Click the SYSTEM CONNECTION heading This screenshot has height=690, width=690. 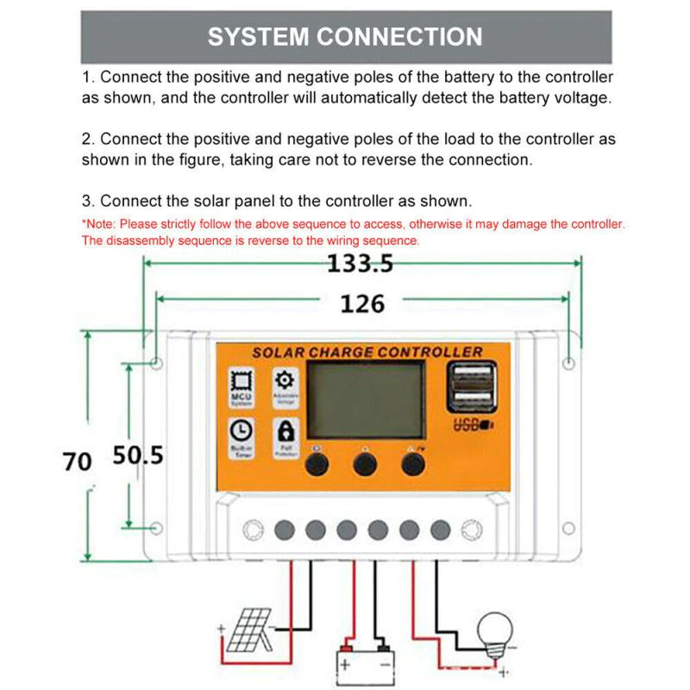[345, 37]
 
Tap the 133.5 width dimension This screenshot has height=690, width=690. [360, 264]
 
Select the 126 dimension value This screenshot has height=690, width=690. [362, 304]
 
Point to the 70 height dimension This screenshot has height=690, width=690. [77, 461]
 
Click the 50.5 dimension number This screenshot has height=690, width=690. [138, 455]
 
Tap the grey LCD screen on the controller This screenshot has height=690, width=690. [367, 400]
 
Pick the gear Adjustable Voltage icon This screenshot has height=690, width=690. [285, 385]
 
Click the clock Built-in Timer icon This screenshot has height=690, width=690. [241, 435]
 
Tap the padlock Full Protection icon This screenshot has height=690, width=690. [285, 435]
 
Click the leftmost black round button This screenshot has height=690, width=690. [317, 464]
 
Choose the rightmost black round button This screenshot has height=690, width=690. [413, 464]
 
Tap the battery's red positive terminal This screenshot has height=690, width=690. [347, 646]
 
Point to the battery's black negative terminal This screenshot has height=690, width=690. [382, 646]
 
